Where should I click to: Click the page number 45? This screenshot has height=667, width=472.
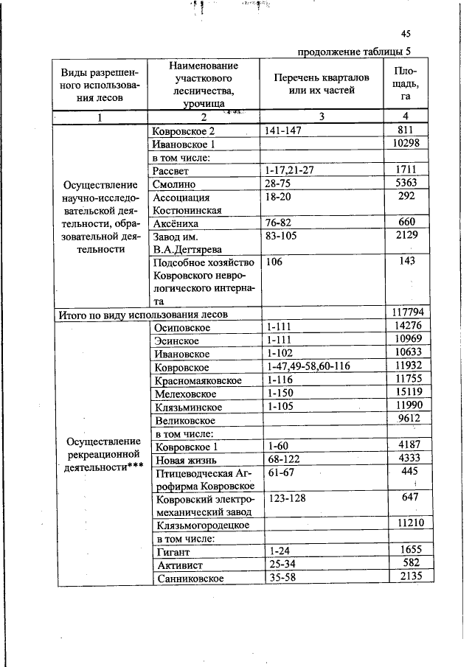406,33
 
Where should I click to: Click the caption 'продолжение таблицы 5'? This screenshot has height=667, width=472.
353,52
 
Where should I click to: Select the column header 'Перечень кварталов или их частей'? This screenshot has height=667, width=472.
313,83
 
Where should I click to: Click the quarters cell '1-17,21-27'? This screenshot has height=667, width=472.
291,170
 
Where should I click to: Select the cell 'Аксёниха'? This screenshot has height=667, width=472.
175,223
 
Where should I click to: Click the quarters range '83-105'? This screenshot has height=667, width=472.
284,236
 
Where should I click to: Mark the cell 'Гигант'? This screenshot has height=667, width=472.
174,551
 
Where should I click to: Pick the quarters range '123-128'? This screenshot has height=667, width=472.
287,498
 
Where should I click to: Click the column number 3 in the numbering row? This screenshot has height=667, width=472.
322,116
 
